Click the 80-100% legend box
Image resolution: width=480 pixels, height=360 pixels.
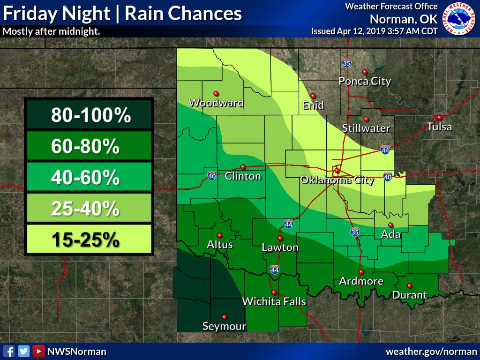pyautogui.click(x=89, y=114)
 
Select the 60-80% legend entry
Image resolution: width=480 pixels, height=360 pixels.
pyautogui.click(x=89, y=147)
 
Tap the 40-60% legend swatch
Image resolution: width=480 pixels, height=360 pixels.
pyautogui.click(x=89, y=177)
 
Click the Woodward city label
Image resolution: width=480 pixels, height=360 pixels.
pyautogui.click(x=216, y=103)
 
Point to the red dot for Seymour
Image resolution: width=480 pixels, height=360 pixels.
pyautogui.click(x=224, y=317)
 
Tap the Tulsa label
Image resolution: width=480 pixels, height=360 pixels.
pyautogui.click(x=439, y=127)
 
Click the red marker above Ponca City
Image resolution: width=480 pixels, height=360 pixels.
pyautogui.click(x=365, y=72)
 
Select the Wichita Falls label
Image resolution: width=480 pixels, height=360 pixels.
pyautogui.click(x=274, y=301)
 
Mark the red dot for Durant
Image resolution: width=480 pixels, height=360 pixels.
pyautogui.click(x=409, y=285)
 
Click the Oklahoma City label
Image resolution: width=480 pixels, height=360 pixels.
pyautogui.click(x=337, y=180)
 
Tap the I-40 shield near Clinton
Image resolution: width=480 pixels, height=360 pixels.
pyautogui.click(x=212, y=176)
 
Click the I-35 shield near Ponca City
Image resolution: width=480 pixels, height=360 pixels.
pyautogui.click(x=346, y=62)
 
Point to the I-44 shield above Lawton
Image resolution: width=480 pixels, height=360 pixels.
pyautogui.click(x=289, y=224)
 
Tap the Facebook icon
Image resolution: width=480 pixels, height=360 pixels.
pyautogui.click(x=8, y=351)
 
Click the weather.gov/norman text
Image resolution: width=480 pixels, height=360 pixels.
pyautogui.click(x=431, y=351)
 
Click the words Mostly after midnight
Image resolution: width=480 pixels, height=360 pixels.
pyautogui.click(x=51, y=32)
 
